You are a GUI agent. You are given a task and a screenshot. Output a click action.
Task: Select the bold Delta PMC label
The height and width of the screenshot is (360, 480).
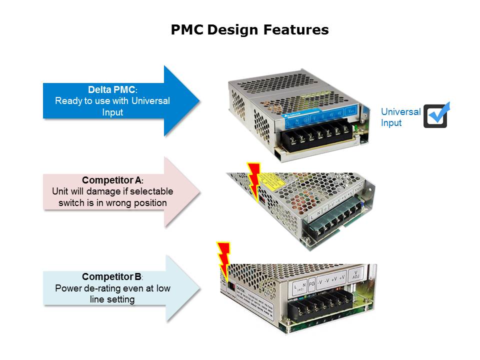coord(111,90)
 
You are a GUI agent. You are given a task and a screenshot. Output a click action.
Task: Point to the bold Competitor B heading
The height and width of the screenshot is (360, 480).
coord(111,276)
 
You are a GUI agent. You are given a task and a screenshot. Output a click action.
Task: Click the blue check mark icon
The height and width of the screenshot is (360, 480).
coord(436,115)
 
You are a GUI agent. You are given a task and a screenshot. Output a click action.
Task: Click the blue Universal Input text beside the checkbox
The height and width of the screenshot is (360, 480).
coord(400,117)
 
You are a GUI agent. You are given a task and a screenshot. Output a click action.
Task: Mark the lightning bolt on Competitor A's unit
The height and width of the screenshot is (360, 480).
coord(254,180)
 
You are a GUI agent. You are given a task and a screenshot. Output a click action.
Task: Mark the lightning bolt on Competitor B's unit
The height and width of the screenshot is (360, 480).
coord(223,260)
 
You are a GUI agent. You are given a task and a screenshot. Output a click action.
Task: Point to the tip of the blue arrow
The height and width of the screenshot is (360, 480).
coord(199,100)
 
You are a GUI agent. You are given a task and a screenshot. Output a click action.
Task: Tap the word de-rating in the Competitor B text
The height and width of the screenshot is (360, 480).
coord(116,288)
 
